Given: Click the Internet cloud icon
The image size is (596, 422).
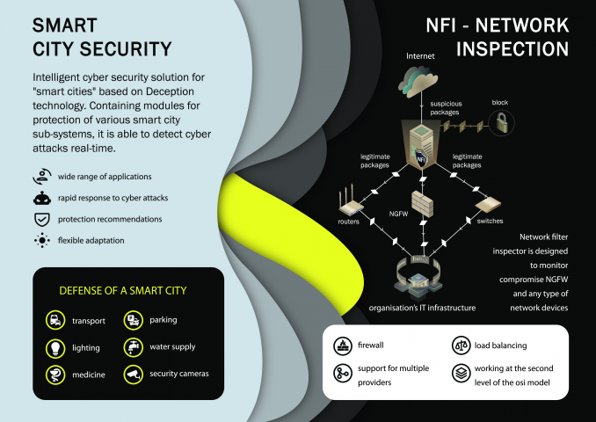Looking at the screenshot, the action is coord(418,82).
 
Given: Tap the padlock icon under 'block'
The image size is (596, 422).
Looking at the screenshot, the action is coord(502,122).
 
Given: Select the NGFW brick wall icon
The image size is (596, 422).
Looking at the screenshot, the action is coord(422,203).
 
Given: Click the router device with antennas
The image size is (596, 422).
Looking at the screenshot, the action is coord(351,201).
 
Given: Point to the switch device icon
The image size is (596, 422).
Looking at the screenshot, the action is coord(488,205).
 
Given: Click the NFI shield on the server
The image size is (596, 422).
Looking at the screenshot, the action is coord(420,158).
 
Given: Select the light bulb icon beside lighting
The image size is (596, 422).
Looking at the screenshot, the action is coord(55,347).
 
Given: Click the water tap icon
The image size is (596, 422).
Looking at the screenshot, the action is coord(133,347).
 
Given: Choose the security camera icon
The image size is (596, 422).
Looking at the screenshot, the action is coord(133,375).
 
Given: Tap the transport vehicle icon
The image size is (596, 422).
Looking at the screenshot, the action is coord(55,320).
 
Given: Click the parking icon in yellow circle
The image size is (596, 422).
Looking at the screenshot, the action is coord(133,320).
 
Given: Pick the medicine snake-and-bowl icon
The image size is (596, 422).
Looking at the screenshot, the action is coord(55,375).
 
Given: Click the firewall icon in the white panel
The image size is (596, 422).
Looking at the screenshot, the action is coord(343,346).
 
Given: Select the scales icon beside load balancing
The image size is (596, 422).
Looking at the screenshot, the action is coord(461,346).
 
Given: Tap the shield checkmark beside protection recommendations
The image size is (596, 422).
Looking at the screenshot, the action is coord(42,220).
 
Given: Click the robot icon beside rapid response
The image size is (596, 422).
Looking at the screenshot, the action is coord(42,198).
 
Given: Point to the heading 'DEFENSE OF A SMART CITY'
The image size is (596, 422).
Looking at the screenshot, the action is coord(123,291).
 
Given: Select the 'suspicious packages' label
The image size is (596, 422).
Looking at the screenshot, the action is coord(446,108).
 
